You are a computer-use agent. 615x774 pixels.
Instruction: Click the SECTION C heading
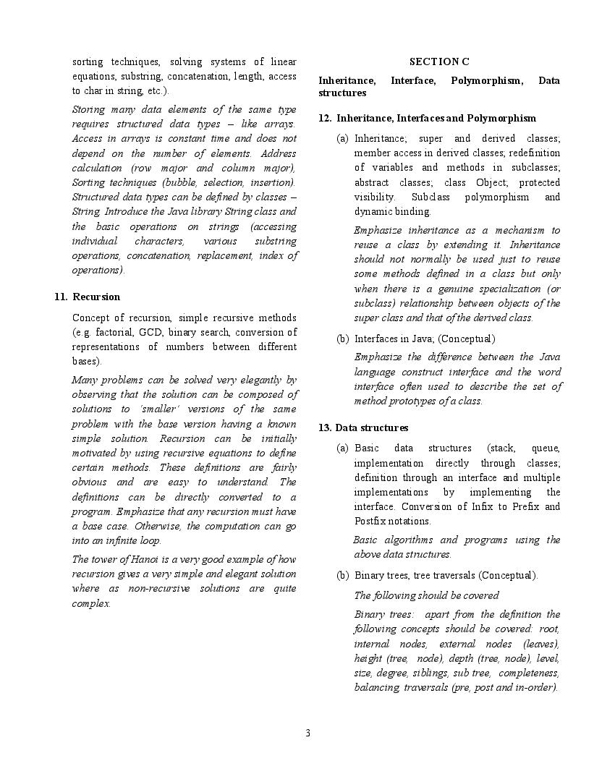pos(438,62)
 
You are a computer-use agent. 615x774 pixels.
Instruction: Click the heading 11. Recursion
pos(87,297)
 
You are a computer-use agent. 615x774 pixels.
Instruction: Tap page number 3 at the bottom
pos(307,733)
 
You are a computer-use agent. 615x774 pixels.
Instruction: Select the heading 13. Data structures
pos(362,428)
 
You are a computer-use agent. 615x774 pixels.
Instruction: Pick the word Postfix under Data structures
pos(372,521)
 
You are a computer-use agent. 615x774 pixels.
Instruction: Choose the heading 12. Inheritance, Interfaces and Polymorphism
pos(427,118)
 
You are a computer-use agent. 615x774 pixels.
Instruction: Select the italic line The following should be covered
pos(426,595)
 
